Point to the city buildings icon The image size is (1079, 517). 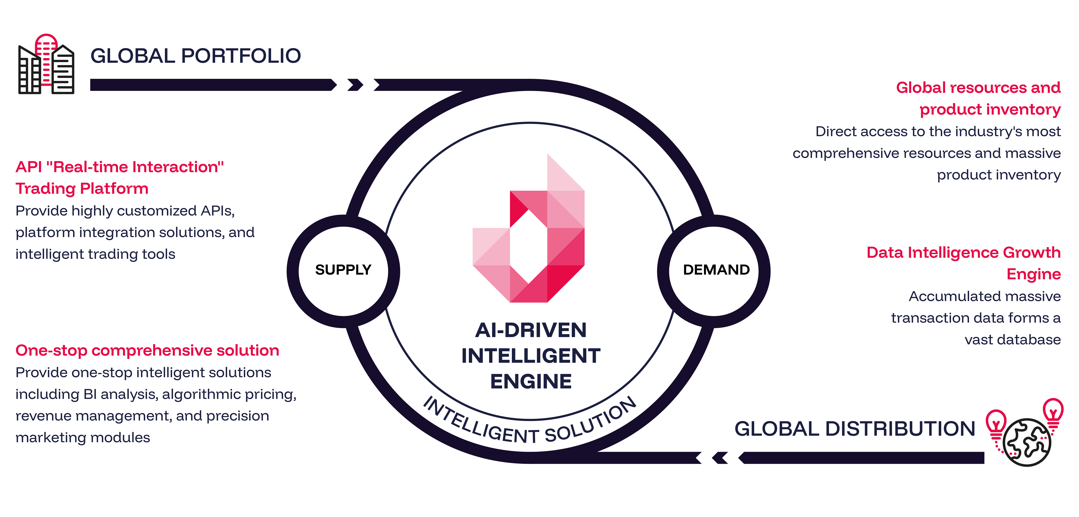pos(46,65)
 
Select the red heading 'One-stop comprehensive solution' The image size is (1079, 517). pos(147,350)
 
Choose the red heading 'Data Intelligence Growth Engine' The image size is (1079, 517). pos(963,263)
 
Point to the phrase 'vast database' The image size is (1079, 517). pos(1012,339)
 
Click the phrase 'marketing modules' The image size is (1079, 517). pos(83,438)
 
